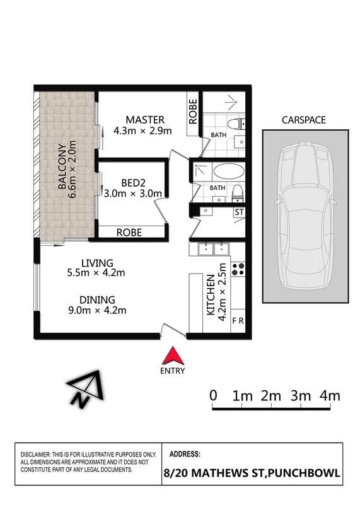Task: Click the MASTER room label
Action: pyautogui.click(x=144, y=120)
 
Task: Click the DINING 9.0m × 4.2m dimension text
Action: pyautogui.click(x=97, y=310)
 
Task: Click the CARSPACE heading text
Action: pyautogui.click(x=305, y=119)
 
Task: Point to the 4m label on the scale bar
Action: pyautogui.click(x=329, y=396)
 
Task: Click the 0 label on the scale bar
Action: pyautogui.click(x=214, y=396)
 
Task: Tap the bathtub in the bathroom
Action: pyautogui.click(x=226, y=171)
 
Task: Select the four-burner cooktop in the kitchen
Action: pyautogui.click(x=238, y=269)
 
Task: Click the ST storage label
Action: pyautogui.click(x=239, y=212)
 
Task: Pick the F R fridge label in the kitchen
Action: pyautogui.click(x=238, y=321)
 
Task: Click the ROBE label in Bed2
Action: pyautogui.click(x=129, y=233)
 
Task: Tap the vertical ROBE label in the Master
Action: pyautogui.click(x=193, y=111)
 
